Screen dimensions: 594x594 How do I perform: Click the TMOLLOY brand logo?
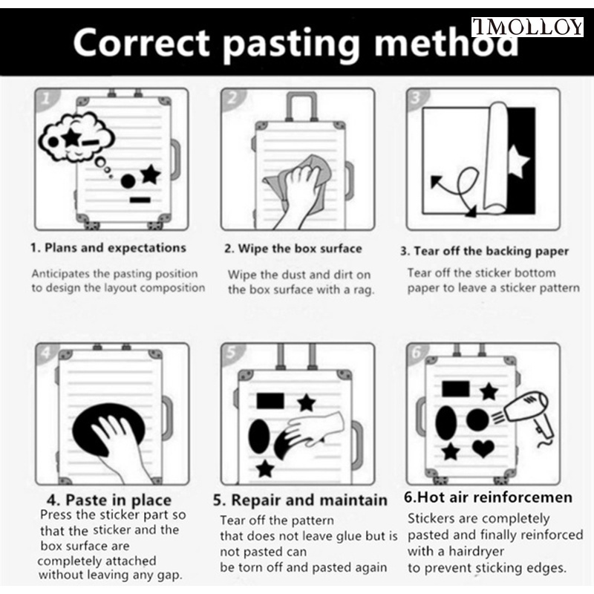pyautogui.click(x=527, y=27)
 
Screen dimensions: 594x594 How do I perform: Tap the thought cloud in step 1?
pyautogui.click(x=76, y=137)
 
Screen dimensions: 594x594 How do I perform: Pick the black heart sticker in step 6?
pyautogui.click(x=483, y=448)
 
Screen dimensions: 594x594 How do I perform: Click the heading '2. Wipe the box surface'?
pyautogui.click(x=293, y=249)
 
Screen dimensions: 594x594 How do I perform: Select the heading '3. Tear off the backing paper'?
pyautogui.click(x=485, y=251)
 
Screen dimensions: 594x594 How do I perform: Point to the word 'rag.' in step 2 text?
pyautogui.click(x=364, y=290)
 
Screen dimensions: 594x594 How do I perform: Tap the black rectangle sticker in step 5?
pyautogui.click(x=270, y=401)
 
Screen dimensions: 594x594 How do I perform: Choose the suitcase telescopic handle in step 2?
pyautogui.click(x=301, y=106)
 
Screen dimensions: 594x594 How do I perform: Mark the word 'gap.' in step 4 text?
pyautogui.click(x=170, y=575)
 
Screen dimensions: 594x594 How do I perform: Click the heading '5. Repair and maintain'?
pyautogui.click(x=300, y=500)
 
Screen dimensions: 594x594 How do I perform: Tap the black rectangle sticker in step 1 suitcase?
pyautogui.click(x=140, y=200)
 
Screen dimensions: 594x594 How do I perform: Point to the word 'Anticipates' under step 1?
pyautogui.click(x=61, y=273)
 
